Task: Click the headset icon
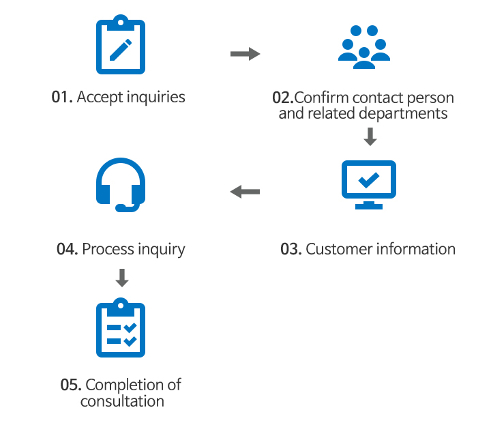[121, 185]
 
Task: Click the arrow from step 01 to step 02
[245, 53]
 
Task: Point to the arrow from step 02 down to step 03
[370, 136]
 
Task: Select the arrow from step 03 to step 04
[245, 192]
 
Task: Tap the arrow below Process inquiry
[121, 278]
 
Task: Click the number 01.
[62, 97]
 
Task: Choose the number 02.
[282, 97]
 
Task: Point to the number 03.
[291, 249]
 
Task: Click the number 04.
[67, 249]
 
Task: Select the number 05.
[71, 385]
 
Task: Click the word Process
[108, 249]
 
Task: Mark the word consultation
[122, 401]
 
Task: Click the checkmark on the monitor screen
[368, 179]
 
